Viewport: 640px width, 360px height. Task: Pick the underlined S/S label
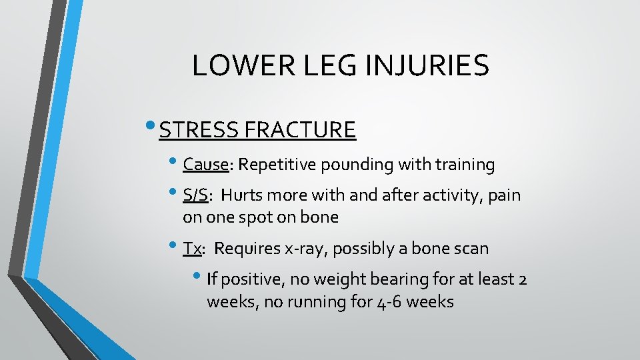[x=195, y=195]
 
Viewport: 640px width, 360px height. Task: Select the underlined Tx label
[x=192, y=249]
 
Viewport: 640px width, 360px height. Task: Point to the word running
[x=317, y=301]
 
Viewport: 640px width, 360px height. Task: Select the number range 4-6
[x=387, y=301]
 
